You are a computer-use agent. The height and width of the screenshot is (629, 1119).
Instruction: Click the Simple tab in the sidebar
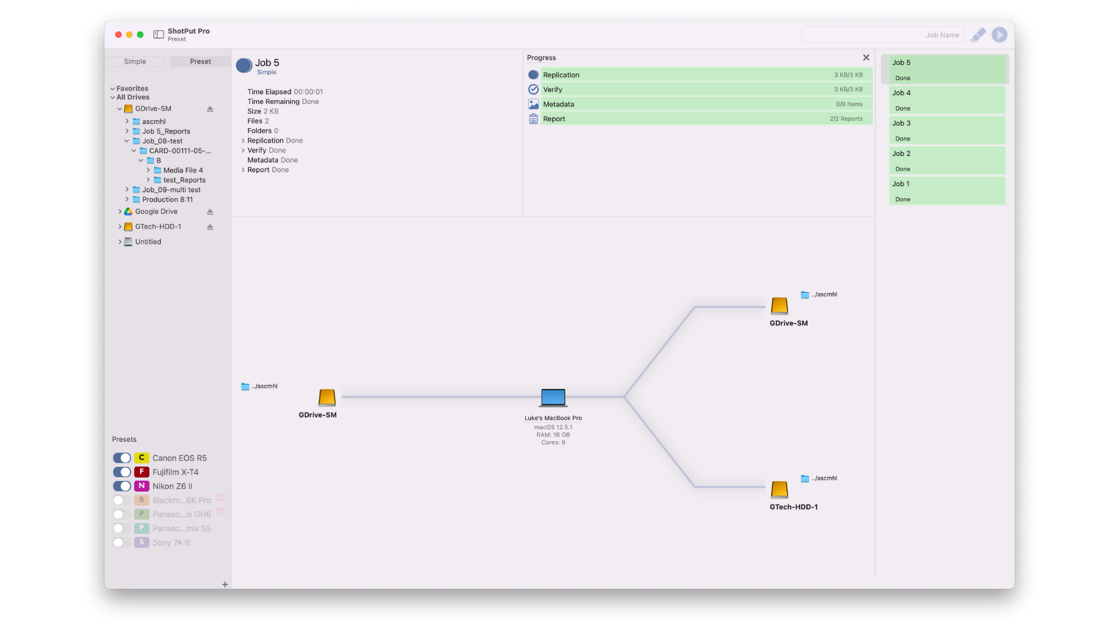tap(135, 62)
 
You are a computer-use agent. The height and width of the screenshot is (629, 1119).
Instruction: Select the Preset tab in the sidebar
tap(200, 62)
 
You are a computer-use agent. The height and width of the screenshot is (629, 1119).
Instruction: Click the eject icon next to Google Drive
tap(210, 212)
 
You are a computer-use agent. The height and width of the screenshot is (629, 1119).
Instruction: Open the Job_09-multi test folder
tap(171, 190)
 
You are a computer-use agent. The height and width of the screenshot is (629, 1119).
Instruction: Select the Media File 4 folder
tap(183, 171)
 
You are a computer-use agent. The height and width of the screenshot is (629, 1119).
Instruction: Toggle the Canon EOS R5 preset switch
tap(122, 458)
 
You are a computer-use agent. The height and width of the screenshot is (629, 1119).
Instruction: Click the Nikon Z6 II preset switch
tap(122, 486)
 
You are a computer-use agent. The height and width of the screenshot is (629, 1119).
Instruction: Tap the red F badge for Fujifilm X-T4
tap(142, 472)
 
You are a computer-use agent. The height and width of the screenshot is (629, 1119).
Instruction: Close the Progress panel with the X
tap(866, 58)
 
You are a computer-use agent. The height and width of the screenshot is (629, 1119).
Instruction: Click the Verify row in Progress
tap(706, 90)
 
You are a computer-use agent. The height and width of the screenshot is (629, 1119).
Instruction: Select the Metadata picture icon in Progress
tap(533, 104)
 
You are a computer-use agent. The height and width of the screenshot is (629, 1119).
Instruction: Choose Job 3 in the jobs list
tap(947, 130)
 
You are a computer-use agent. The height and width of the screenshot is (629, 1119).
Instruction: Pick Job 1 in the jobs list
tap(947, 191)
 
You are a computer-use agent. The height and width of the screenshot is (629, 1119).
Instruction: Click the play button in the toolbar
tap(1000, 35)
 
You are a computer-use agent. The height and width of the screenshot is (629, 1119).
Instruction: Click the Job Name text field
tap(883, 35)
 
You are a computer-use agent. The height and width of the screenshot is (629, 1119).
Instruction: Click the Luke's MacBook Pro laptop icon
tap(553, 398)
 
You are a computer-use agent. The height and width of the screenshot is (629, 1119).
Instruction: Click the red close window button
tap(118, 35)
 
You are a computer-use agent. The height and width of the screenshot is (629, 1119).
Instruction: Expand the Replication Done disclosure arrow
tap(243, 141)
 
